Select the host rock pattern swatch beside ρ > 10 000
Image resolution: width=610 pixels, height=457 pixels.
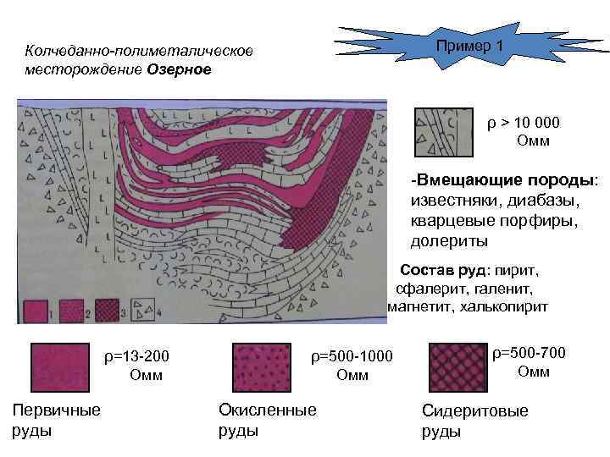click(443, 133)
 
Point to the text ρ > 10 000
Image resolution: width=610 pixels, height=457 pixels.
click(523, 124)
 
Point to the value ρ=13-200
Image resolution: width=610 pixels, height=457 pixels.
click(141, 355)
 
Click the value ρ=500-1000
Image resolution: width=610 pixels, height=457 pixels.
click(352, 355)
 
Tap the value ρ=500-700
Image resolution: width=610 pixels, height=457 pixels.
click(530, 352)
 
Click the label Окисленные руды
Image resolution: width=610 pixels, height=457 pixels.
click(267, 420)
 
